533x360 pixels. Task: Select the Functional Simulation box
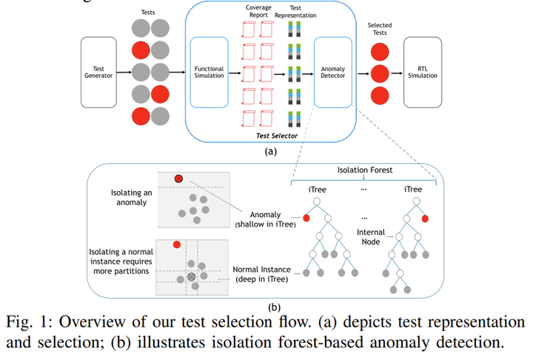(x=208, y=72)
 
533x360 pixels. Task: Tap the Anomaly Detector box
(x=332, y=72)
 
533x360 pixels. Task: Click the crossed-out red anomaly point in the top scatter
(x=178, y=179)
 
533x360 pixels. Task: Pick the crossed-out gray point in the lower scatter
(x=191, y=276)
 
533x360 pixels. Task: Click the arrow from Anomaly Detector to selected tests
(x=362, y=73)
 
